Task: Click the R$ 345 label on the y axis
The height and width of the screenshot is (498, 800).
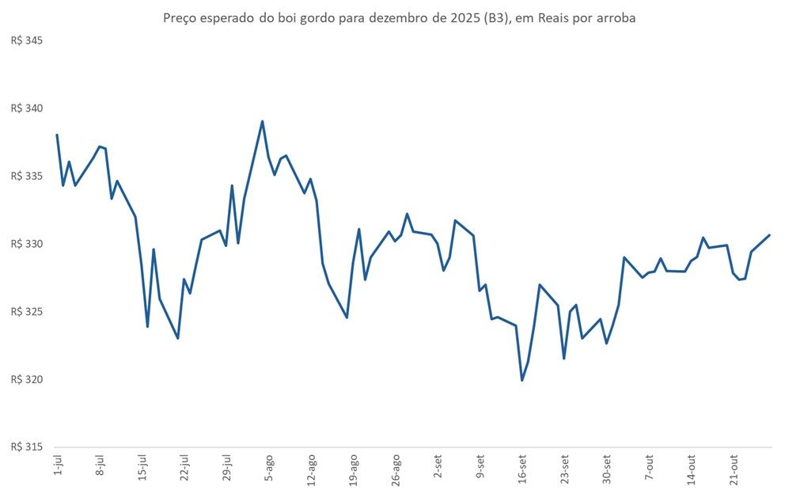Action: (26, 40)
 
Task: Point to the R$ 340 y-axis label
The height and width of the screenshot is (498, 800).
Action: (26, 108)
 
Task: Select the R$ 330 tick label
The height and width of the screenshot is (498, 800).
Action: (26, 244)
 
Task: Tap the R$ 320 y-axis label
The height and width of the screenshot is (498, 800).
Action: (26, 379)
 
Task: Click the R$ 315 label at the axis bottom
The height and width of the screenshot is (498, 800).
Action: (26, 447)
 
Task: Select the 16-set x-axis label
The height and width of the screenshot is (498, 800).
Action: (522, 468)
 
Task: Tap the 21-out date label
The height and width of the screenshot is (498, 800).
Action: (734, 468)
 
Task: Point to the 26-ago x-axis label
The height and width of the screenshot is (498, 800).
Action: (396, 468)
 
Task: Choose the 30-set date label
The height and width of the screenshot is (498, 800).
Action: (607, 468)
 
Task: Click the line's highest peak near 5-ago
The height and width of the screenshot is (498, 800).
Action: (262, 121)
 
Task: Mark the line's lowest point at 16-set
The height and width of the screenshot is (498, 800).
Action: (522, 380)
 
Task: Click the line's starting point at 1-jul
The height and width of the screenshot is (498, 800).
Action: (57, 135)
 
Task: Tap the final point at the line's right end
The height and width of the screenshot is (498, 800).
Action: (770, 235)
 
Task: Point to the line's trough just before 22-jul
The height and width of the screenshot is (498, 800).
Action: (178, 338)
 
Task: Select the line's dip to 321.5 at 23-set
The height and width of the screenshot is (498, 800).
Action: (564, 359)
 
